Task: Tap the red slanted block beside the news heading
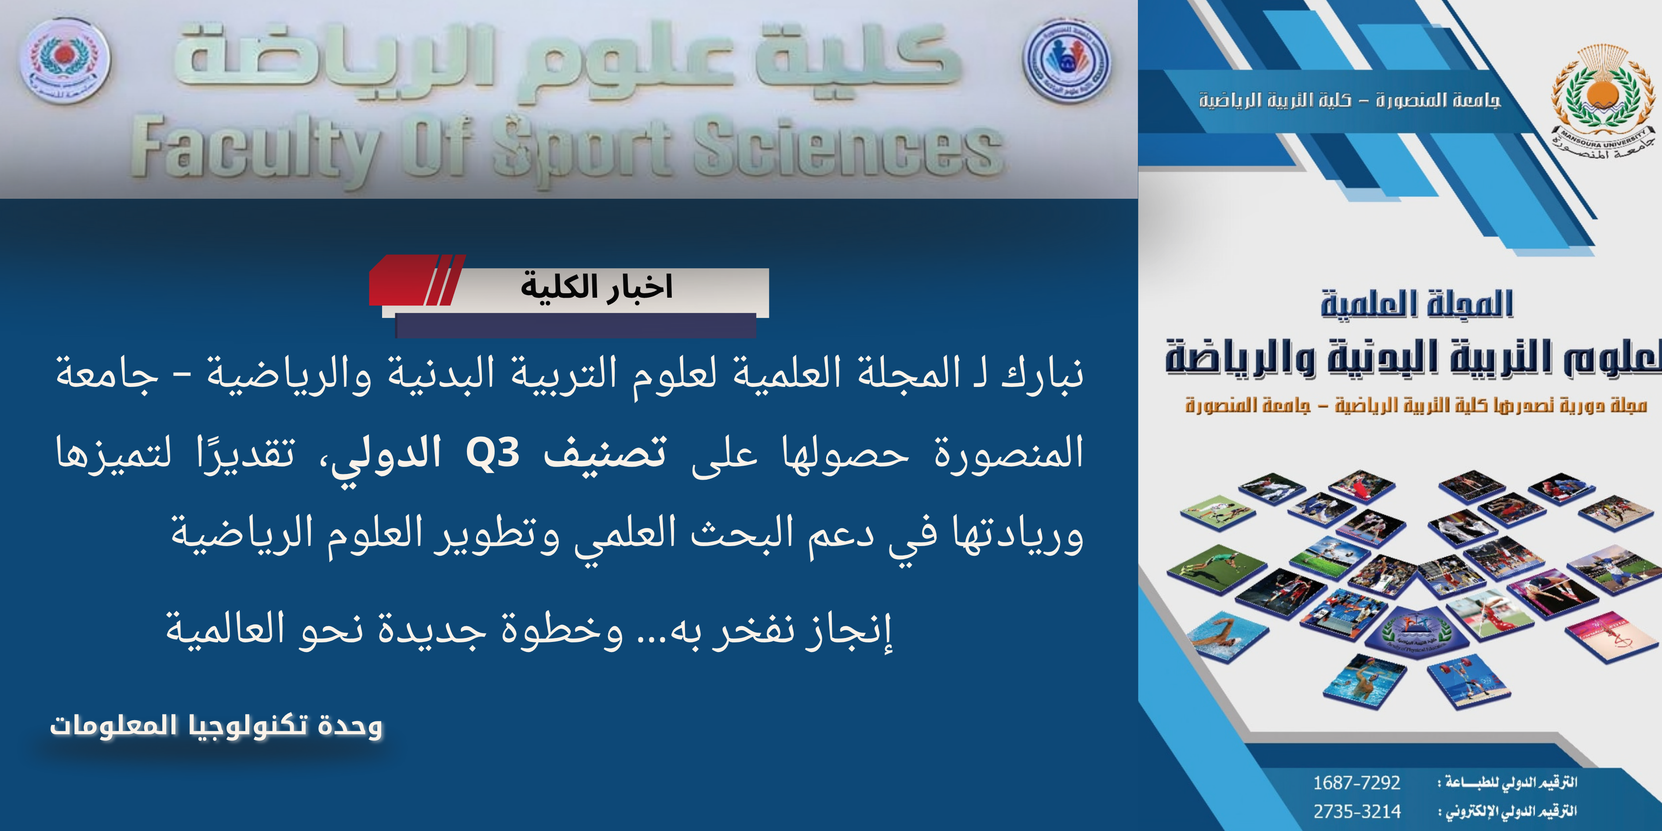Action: coord(413,281)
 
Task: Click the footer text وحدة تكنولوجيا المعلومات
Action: coord(216,726)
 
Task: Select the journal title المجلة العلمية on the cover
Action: coord(1416,305)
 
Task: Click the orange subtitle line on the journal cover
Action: coord(1416,405)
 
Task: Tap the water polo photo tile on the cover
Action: coord(1365,684)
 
